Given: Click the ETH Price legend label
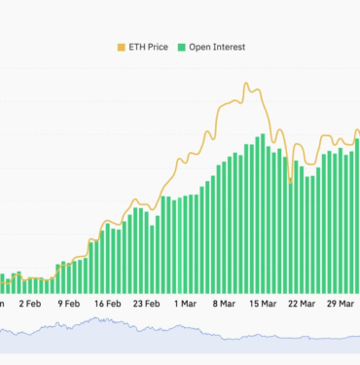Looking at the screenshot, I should tap(154, 46).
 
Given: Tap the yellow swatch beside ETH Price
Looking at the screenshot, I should tap(122, 46).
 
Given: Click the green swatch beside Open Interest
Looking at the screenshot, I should tap(181, 46).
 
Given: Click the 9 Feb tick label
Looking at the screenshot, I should tap(69, 304).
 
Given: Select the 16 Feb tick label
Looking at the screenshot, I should tap(108, 304).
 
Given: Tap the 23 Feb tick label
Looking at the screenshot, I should tap(146, 304).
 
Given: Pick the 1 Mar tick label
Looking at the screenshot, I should tap(185, 304).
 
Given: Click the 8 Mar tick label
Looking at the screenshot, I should tap(223, 304).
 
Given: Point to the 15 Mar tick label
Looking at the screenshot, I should tap(262, 304).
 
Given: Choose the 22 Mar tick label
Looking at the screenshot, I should tap(301, 304).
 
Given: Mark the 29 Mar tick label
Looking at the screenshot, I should tap(339, 304).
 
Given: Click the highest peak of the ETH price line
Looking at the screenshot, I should tap(247, 85).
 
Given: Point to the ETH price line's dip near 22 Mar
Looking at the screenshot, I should tap(291, 181).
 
